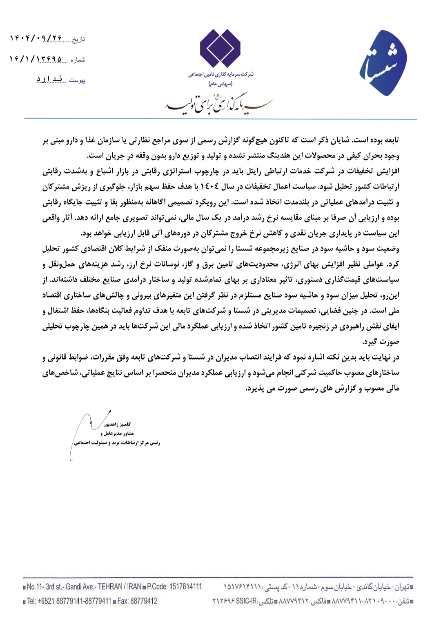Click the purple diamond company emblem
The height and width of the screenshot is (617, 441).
tap(220, 49)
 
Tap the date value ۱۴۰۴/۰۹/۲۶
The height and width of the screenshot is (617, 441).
tap(36, 38)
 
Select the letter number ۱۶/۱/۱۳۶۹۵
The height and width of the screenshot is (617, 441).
tap(36, 60)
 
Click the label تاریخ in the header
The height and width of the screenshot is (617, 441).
tap(78, 40)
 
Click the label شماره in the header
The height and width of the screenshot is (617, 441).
tap(78, 60)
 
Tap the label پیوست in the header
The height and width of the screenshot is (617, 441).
tap(77, 80)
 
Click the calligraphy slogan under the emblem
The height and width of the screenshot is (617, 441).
tap(218, 104)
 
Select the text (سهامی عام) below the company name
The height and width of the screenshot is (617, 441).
tap(220, 84)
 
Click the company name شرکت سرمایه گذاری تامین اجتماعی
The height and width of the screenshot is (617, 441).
tap(220, 75)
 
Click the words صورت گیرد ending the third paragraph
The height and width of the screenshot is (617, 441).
tap(381, 342)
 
